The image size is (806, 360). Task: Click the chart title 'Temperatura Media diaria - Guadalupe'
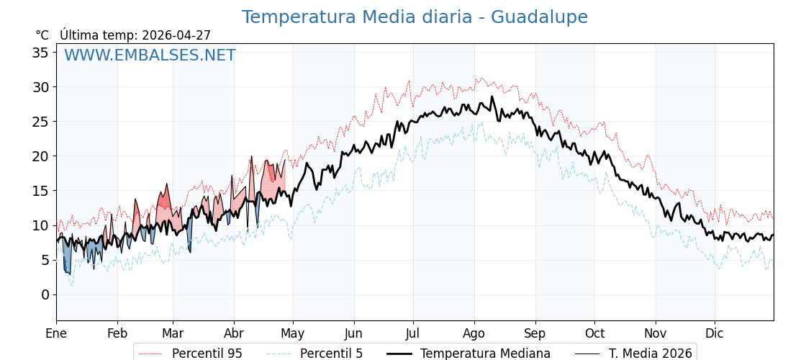tap(415, 17)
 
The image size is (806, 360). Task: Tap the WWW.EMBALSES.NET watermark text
tap(150, 55)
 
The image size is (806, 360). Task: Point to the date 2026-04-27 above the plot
tap(176, 35)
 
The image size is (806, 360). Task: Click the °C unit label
tap(42, 35)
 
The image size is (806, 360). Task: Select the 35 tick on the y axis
tap(40, 53)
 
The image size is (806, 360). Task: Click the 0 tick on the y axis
tap(45, 294)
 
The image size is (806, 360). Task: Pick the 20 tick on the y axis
tap(40, 156)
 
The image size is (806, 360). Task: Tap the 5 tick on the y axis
tap(45, 260)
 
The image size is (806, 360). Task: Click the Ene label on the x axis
tap(56, 333)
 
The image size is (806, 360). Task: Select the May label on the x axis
tap(293, 333)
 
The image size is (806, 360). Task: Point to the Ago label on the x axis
tap(474, 333)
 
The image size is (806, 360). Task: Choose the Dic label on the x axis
tap(715, 333)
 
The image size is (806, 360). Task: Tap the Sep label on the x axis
tap(535, 333)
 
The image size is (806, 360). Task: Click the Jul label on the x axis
tap(413, 333)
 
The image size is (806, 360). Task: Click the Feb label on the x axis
tap(117, 333)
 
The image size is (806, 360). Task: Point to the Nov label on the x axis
tap(656, 333)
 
